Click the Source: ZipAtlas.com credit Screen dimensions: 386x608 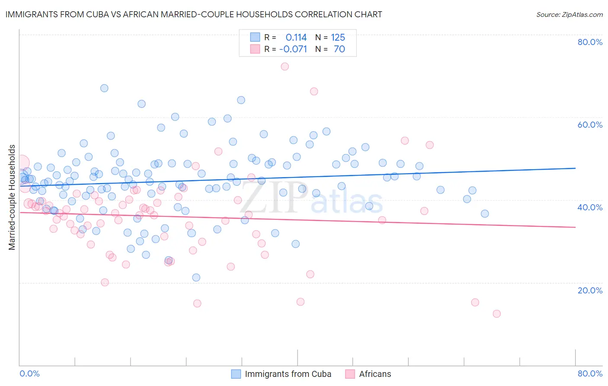[x=569, y=14]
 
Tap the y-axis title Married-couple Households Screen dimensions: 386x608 [x=12, y=197]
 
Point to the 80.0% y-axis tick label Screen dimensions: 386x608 [x=590, y=42]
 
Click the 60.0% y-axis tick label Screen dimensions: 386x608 [x=590, y=125]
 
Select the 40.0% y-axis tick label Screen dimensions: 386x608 [x=590, y=207]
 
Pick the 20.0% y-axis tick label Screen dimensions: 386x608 [x=590, y=290]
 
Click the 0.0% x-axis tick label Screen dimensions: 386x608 [x=29, y=373]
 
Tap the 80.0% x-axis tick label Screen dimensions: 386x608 [x=590, y=373]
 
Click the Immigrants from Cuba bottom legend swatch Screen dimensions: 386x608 [x=236, y=374]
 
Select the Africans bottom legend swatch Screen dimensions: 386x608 [x=350, y=374]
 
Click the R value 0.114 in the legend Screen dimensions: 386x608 [x=296, y=38]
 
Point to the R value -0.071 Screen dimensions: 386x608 [x=293, y=49]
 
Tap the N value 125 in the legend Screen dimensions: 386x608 [x=338, y=38]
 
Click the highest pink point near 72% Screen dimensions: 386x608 [x=285, y=67]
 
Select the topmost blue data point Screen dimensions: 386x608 [x=104, y=88]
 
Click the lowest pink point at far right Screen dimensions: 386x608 [x=496, y=314]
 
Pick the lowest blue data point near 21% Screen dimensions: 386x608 [x=196, y=277]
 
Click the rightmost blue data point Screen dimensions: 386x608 [x=485, y=214]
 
